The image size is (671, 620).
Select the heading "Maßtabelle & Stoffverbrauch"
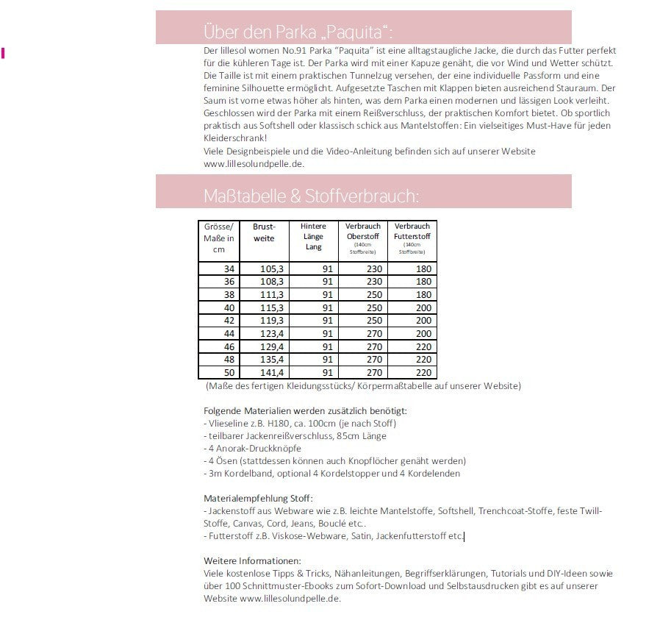click(x=311, y=196)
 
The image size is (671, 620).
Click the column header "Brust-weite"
click(x=263, y=232)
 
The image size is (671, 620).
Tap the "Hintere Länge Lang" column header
click(x=313, y=236)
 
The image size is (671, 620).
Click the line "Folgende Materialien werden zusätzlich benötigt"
click(x=305, y=410)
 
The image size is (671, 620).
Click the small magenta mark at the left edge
click(x=4, y=52)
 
